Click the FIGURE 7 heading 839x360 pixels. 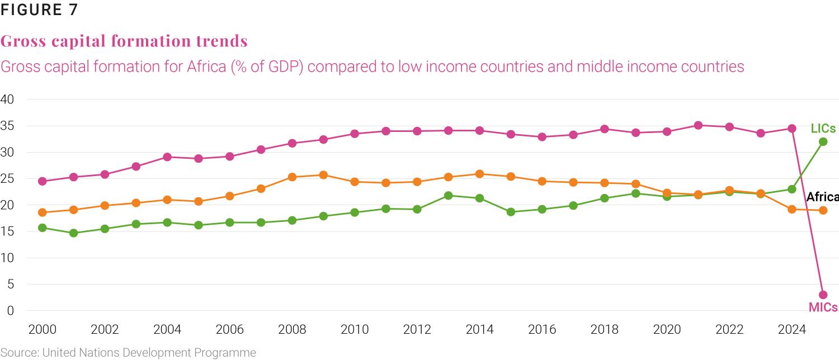(39, 10)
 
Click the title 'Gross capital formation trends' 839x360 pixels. (124, 41)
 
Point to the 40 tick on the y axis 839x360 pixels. (7, 100)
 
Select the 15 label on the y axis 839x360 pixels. (7, 231)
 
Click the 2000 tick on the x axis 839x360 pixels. (42, 329)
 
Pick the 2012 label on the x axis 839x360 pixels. (417, 329)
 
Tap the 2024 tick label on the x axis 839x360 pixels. (792, 329)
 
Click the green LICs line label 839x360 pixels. (823, 129)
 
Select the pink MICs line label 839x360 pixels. (823, 307)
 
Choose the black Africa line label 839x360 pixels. (822, 197)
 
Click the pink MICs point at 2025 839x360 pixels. (823, 295)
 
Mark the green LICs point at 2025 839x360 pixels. (823, 141)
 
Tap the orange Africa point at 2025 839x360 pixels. (823, 210)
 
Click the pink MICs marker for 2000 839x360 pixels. (42, 181)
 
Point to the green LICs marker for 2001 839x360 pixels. (73, 233)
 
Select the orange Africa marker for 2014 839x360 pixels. (479, 174)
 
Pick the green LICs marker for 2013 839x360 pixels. (448, 196)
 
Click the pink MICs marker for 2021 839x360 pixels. (698, 125)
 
